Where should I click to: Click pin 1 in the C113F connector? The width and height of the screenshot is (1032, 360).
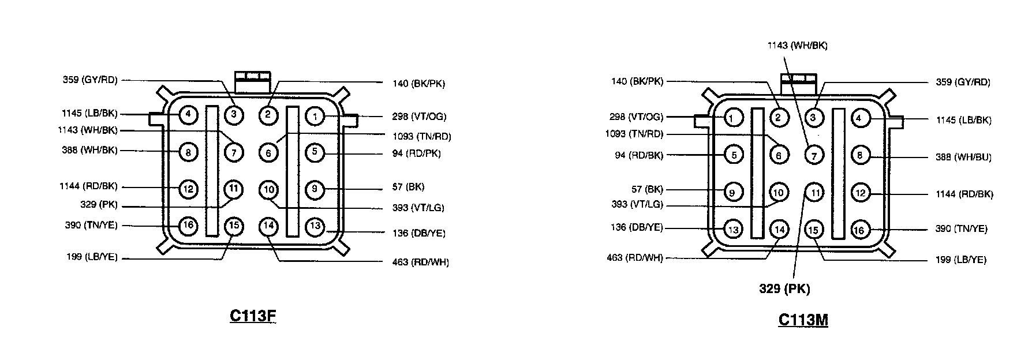[x=315, y=116]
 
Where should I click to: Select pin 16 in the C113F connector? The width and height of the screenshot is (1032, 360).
[x=188, y=226]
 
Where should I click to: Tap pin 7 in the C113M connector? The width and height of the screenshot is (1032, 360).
[x=814, y=155]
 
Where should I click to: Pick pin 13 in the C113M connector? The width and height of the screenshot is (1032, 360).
[x=733, y=230]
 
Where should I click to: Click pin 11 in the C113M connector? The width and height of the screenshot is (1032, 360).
[x=814, y=193]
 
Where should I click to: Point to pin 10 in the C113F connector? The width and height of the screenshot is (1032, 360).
[x=269, y=189]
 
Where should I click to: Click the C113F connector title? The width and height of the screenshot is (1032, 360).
[x=253, y=316]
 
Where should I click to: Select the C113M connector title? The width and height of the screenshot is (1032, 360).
[x=803, y=320]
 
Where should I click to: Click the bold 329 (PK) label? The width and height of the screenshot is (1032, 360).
[x=784, y=289]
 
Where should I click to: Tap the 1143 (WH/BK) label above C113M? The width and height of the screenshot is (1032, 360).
[x=797, y=46]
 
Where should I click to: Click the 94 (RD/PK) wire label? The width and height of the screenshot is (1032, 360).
[x=416, y=153]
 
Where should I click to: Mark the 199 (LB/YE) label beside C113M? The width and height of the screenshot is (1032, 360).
[x=960, y=260]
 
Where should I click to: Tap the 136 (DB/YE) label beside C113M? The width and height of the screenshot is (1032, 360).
[x=637, y=227]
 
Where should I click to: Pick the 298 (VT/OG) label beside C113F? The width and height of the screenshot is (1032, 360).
[x=419, y=117]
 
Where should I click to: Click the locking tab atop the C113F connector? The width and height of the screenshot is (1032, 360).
[x=252, y=80]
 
